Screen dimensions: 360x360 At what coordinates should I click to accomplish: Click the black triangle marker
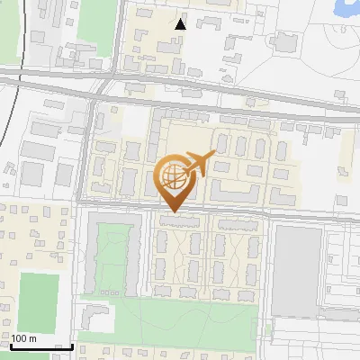pyautogui.click(x=181, y=24)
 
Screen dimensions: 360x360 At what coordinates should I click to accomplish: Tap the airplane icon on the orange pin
pyautogui.click(x=200, y=163)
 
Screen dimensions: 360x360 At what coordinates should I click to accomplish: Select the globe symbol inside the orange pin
pyautogui.click(x=173, y=175)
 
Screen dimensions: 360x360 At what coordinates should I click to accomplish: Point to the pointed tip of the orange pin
pyautogui.click(x=173, y=211)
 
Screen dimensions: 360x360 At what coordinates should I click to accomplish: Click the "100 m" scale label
pyautogui.click(x=23, y=337)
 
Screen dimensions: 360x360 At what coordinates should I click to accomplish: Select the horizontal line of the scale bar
pyautogui.click(x=41, y=346)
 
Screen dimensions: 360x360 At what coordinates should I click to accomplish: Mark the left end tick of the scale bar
pyautogui.click(x=10, y=344)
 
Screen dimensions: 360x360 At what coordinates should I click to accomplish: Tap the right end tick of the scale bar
pyautogui.click(x=73, y=344)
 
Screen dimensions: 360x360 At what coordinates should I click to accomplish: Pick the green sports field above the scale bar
pyautogui.click(x=38, y=299)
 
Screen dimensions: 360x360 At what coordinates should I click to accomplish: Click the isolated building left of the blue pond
pyautogui.click(x=285, y=41)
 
